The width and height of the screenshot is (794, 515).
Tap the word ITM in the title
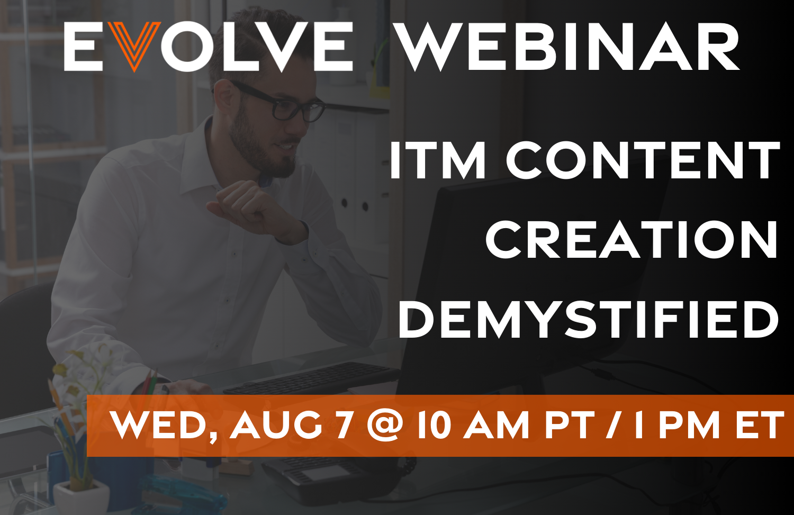(437, 160)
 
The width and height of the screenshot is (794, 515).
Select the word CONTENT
(643, 160)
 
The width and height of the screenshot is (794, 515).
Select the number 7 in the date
(345, 425)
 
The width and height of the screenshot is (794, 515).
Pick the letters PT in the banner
(570, 426)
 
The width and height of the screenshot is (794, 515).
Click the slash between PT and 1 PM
(613, 426)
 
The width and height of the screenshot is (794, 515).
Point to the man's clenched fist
(249, 206)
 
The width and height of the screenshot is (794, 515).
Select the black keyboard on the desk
(312, 378)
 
